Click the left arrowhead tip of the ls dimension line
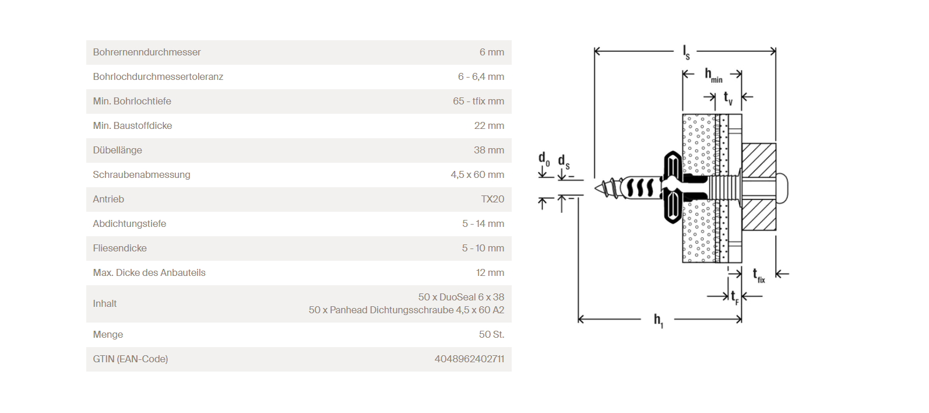(x=594, y=51)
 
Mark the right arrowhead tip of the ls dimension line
(x=776, y=51)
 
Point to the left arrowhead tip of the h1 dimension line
(x=579, y=319)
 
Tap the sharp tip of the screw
(x=594, y=188)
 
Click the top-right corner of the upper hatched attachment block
(x=776, y=143)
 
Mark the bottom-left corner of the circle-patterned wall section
(x=682, y=262)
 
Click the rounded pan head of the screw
(x=782, y=188)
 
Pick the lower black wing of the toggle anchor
(x=673, y=209)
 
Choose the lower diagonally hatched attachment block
(x=759, y=215)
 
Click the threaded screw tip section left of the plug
(x=608, y=188)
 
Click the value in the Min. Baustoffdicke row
(x=489, y=126)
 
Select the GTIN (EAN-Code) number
(x=469, y=359)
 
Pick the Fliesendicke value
(x=483, y=249)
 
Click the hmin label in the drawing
(x=713, y=75)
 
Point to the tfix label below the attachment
(x=759, y=275)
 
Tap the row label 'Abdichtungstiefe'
(x=129, y=224)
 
